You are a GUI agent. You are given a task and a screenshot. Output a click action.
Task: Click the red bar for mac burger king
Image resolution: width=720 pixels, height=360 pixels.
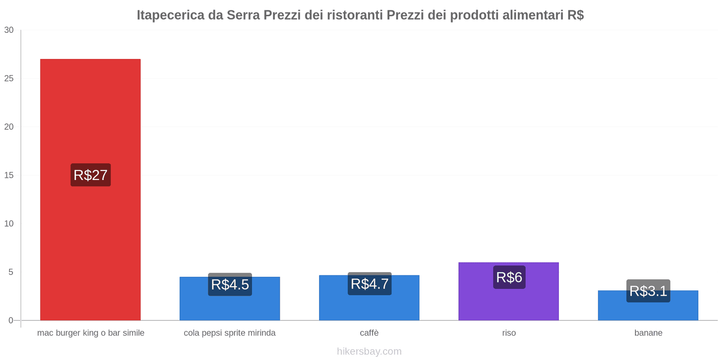tap(90, 112)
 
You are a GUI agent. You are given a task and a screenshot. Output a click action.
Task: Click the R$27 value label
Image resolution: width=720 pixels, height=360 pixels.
tap(90, 175)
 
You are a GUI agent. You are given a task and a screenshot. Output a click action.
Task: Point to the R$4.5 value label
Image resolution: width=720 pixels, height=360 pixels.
tap(230, 284)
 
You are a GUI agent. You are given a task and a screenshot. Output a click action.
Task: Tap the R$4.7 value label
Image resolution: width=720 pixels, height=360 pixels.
tap(369, 284)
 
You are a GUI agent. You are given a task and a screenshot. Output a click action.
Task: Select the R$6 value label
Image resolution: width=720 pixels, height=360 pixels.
tap(509, 277)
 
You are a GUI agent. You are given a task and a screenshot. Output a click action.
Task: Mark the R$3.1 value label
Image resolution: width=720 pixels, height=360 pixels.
tap(648, 291)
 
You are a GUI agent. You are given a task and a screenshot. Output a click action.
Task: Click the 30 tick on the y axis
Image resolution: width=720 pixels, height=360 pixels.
tap(9, 30)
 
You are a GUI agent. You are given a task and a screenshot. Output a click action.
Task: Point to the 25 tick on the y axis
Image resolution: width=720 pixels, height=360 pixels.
tap(9, 79)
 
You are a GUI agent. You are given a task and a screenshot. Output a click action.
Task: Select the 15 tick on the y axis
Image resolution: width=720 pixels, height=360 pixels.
tap(9, 175)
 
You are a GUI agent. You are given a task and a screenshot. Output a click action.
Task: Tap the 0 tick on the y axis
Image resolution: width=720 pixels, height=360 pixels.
tap(11, 320)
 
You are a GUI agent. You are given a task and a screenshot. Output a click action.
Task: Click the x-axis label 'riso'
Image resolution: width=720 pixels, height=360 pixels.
tap(509, 333)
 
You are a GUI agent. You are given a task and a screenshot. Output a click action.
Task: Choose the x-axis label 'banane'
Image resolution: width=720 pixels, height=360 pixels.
tap(648, 333)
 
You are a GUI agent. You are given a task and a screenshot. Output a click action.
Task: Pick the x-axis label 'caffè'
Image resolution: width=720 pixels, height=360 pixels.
tap(369, 333)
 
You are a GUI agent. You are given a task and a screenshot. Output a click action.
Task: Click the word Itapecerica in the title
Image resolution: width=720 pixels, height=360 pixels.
tap(170, 15)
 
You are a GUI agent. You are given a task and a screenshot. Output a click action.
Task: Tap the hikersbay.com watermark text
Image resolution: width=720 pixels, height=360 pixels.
tap(369, 351)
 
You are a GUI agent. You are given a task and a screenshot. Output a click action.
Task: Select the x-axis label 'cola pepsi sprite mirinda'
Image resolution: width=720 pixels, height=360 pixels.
tap(229, 333)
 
